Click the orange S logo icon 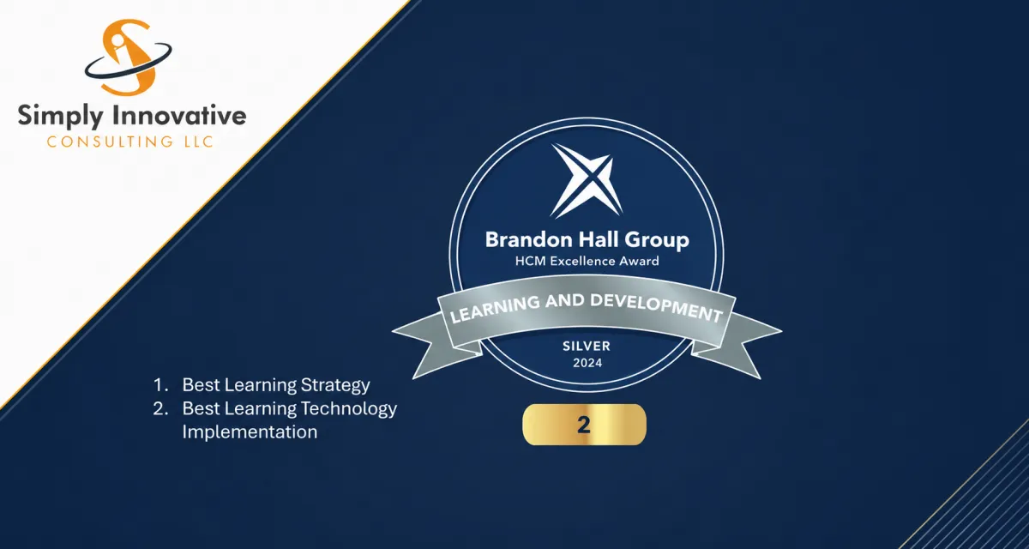pyautogui.click(x=129, y=57)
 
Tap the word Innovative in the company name pyautogui.click(x=179, y=114)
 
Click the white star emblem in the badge pyautogui.click(x=587, y=180)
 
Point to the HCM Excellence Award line pyautogui.click(x=587, y=261)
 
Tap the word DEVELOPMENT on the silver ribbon pyautogui.click(x=656, y=307)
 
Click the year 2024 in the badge pyautogui.click(x=587, y=363)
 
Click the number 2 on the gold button pyautogui.click(x=584, y=425)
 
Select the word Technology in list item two pyautogui.click(x=349, y=409)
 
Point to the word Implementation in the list pyautogui.click(x=250, y=431)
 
